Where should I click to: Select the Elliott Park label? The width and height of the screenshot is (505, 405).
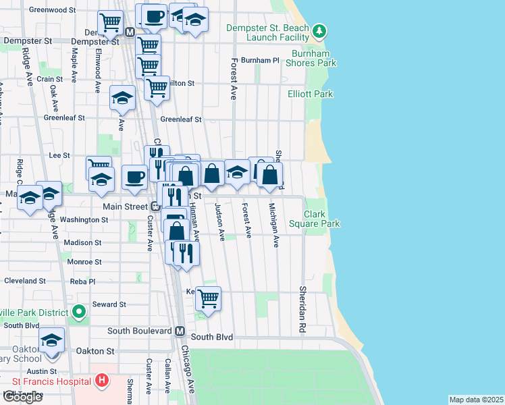[x=310, y=94]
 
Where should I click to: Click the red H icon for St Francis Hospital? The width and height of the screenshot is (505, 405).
[x=102, y=381]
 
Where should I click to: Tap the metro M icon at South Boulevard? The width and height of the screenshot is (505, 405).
[x=180, y=331]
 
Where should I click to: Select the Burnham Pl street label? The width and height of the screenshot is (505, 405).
[x=260, y=60]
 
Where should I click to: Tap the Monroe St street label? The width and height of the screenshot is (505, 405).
[x=84, y=261]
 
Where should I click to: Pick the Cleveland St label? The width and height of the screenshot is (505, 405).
[x=24, y=281]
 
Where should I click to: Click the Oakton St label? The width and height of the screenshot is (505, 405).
[x=95, y=351]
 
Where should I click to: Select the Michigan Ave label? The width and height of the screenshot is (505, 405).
[x=275, y=225]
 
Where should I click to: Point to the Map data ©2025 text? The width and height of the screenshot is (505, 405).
[x=476, y=400]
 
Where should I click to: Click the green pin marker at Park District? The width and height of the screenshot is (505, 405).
[x=79, y=312]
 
